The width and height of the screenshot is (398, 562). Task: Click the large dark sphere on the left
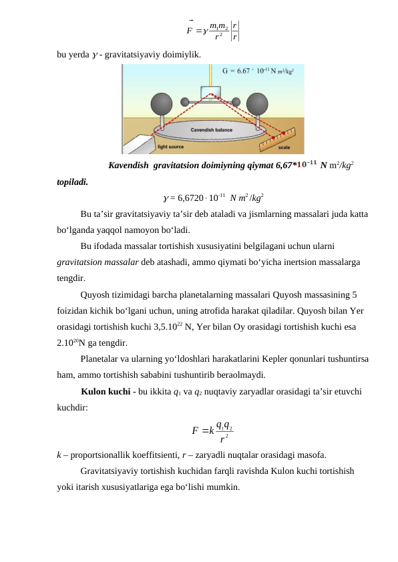tap(163, 104)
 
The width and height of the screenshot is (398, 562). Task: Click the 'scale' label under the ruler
tap(284, 148)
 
